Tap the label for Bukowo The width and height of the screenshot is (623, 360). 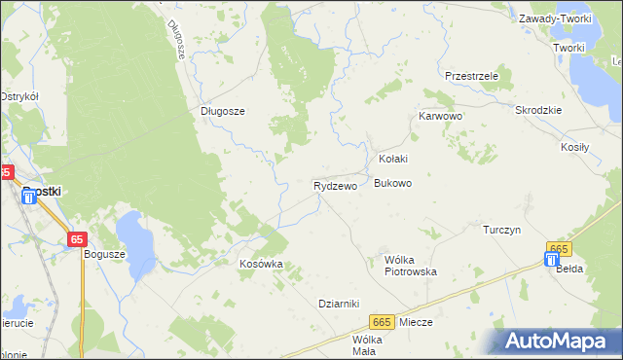(393, 183)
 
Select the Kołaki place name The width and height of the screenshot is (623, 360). (392, 159)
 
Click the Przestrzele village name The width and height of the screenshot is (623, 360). (471, 76)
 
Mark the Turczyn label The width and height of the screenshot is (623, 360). (503, 230)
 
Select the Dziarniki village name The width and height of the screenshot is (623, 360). (340, 303)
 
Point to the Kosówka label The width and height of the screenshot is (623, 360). (261, 264)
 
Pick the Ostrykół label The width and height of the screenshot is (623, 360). (18, 96)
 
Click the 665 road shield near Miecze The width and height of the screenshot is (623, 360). (383, 322)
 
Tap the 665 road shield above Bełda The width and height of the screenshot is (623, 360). (558, 249)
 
